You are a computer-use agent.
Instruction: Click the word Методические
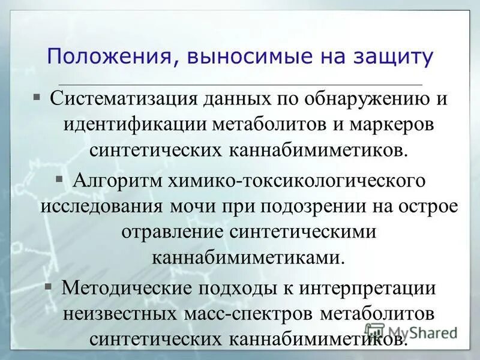click(131, 287)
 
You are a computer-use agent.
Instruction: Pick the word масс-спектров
click(248, 313)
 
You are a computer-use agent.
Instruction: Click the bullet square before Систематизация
click(37, 96)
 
